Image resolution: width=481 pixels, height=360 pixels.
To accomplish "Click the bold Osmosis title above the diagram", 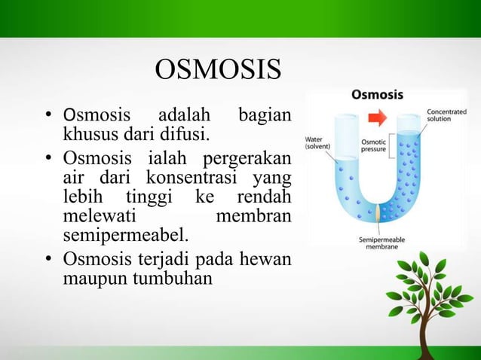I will tap(377, 96).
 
